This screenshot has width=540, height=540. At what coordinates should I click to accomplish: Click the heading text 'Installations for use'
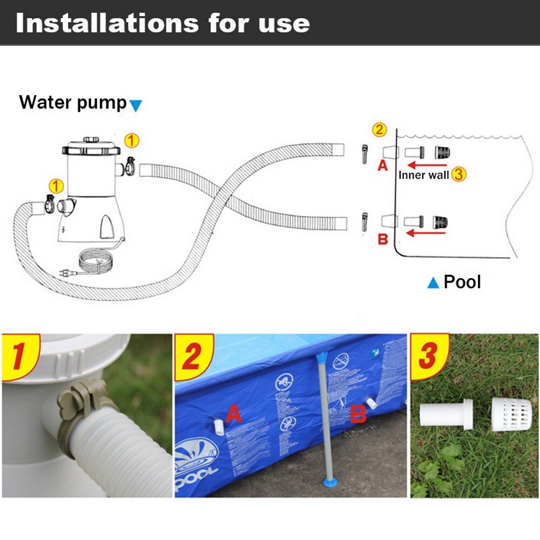pos(162,23)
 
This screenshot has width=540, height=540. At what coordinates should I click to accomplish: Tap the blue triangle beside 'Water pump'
pos(136,105)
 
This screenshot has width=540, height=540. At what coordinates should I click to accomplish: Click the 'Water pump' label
pos(72,102)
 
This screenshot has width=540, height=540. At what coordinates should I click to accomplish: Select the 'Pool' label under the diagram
pos(462,281)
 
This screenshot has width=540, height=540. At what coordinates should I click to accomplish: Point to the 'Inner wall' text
pos(423,174)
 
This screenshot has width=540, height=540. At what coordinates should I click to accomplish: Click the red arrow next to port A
pos(427,165)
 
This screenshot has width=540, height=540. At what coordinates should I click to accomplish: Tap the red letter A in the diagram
pos(382,166)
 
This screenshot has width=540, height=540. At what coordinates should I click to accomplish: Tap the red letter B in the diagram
pos(382,239)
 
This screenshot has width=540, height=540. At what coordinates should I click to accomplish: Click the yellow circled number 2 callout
pos(380,130)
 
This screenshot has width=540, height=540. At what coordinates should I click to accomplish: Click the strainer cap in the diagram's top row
pos(441,152)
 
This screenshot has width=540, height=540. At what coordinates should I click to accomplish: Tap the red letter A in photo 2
pos(233,414)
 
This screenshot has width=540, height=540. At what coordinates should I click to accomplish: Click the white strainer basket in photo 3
pos(507,415)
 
